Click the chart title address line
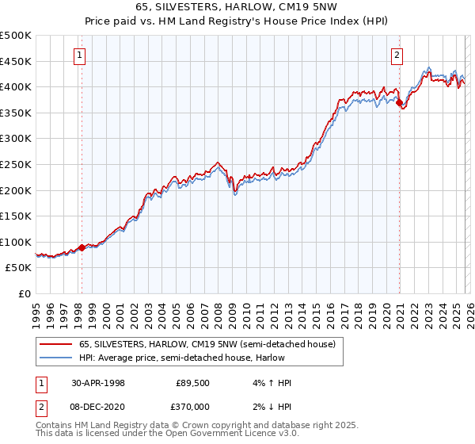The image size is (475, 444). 237,7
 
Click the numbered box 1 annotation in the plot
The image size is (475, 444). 82,55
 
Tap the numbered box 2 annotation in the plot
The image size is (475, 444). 397,55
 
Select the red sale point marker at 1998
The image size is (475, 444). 82,247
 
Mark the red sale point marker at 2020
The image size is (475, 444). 399,102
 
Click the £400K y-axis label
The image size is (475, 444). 16,86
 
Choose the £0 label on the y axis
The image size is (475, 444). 24,293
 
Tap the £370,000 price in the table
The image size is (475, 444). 192,404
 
